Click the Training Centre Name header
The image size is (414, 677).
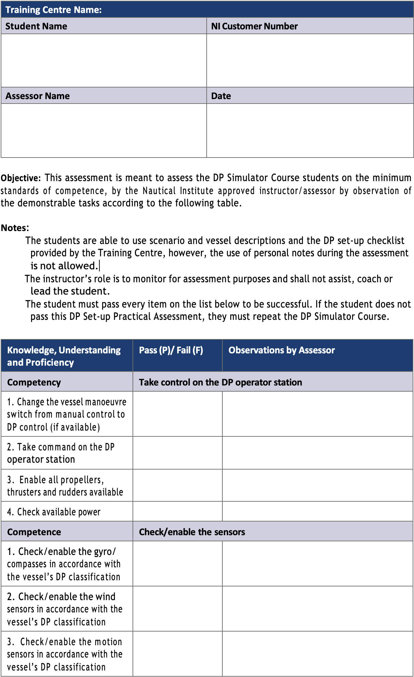[x=54, y=10]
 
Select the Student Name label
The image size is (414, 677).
[x=36, y=26]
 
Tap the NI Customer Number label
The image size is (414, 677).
[x=254, y=26]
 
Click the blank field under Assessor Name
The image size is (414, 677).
[x=104, y=130]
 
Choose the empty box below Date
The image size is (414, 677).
[x=310, y=130]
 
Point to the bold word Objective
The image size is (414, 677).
[x=20, y=178]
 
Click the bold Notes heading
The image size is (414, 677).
[x=15, y=228]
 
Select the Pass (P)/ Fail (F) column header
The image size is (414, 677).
[x=171, y=350]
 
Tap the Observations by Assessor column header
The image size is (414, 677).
[x=281, y=350]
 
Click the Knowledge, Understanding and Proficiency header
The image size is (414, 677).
[x=64, y=356]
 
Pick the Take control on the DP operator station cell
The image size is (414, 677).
[x=220, y=382]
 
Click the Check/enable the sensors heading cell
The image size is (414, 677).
[x=192, y=532]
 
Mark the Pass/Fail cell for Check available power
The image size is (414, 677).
[x=177, y=511]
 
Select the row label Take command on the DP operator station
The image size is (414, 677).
[x=60, y=453]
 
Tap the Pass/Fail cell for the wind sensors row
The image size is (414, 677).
[x=177, y=609]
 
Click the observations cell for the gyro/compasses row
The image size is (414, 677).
[x=317, y=564]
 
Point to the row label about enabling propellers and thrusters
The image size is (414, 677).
[x=65, y=486]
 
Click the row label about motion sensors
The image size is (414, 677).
[x=65, y=654]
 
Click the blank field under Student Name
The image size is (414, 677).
[x=104, y=60]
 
